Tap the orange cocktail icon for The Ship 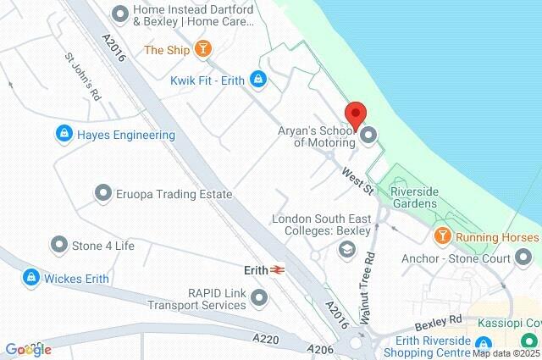pyautogui.click(x=202, y=49)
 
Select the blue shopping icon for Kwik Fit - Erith pyautogui.click(x=258, y=80)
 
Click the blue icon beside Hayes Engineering pyautogui.click(x=64, y=134)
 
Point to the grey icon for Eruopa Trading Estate pyautogui.click(x=103, y=193)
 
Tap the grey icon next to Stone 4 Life pyautogui.click(x=58, y=246)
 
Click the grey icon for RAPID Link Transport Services pyautogui.click(x=259, y=297)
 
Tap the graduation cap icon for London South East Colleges pyautogui.click(x=346, y=249)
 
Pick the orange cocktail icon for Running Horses pyautogui.click(x=442, y=236)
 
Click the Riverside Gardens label pyautogui.click(x=413, y=197)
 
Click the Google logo pyautogui.click(x=28, y=349)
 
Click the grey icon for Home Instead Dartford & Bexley pyautogui.click(x=120, y=13)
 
